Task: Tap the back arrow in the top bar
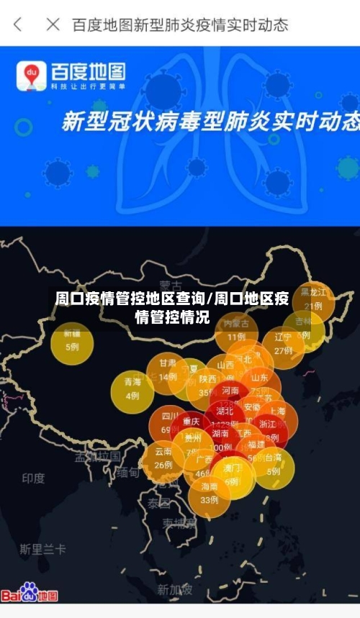click(18, 24)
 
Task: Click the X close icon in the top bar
click(53, 24)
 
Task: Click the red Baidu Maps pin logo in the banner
click(32, 75)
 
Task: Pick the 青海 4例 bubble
click(132, 389)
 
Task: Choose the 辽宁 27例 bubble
click(283, 344)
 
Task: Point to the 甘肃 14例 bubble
click(168, 371)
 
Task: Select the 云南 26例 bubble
click(163, 459)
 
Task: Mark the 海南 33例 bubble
click(209, 494)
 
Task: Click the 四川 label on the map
click(170, 416)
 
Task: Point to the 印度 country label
click(33, 478)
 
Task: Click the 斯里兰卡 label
click(42, 549)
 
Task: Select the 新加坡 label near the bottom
click(176, 590)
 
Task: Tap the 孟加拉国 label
click(99, 456)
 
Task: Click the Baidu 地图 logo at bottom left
click(30, 593)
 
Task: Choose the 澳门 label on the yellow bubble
click(232, 468)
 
